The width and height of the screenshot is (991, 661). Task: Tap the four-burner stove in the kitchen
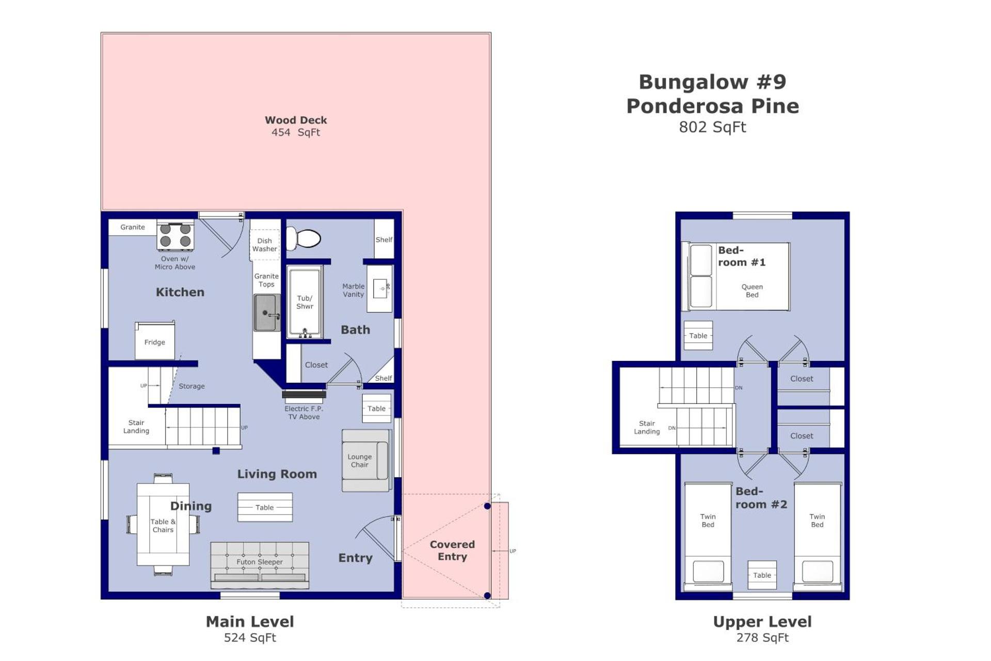pyautogui.click(x=175, y=235)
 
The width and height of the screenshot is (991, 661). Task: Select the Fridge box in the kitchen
pyautogui.click(x=154, y=341)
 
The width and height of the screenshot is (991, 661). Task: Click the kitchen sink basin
pyautogui.click(x=265, y=312)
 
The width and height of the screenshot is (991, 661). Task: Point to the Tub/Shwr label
pyautogui.click(x=305, y=302)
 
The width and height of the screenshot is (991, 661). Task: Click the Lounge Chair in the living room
pyautogui.click(x=364, y=460)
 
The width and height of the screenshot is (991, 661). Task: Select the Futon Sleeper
pyautogui.click(x=260, y=564)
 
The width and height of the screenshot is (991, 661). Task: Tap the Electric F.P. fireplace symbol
pyautogui.click(x=304, y=396)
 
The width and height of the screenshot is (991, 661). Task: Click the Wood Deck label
pyautogui.click(x=296, y=120)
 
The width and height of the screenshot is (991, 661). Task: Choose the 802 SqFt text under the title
pyautogui.click(x=712, y=127)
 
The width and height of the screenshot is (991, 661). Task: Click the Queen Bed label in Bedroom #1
pyautogui.click(x=752, y=291)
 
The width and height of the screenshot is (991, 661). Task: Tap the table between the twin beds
pyautogui.click(x=762, y=575)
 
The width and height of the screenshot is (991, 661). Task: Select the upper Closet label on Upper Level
pyautogui.click(x=801, y=379)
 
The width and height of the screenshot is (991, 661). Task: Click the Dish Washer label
pyautogui.click(x=264, y=245)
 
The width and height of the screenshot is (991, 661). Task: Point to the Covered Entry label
pyautogui.click(x=452, y=550)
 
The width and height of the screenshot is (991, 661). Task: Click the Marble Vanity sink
pyautogui.click(x=381, y=288)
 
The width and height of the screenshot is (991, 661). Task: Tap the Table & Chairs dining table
pyautogui.click(x=163, y=525)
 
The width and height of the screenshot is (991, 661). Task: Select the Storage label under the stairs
pyautogui.click(x=191, y=386)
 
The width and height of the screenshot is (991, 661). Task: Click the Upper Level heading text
pyautogui.click(x=762, y=622)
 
